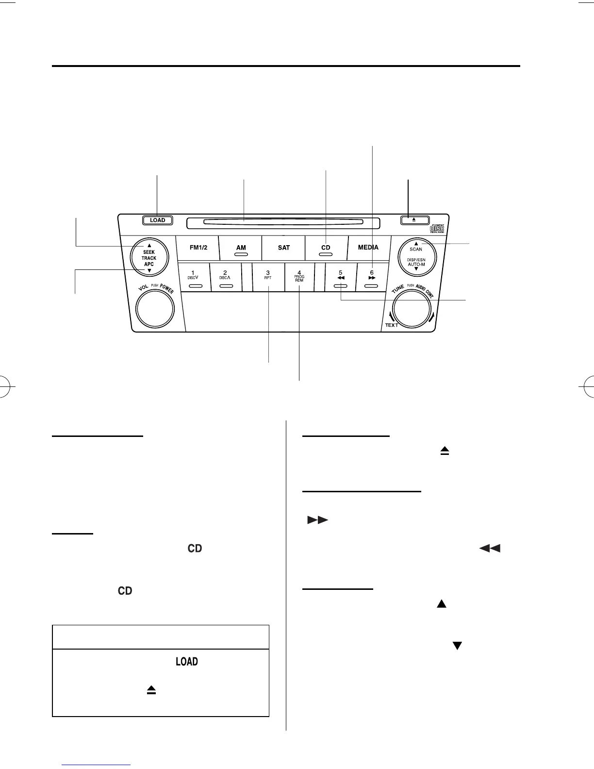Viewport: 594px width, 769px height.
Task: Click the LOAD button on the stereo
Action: (158, 220)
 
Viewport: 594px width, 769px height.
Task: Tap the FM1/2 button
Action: (198, 248)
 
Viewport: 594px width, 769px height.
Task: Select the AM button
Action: (241, 248)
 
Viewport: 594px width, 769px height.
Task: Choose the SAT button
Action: (284, 248)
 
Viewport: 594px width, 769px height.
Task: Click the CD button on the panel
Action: (326, 248)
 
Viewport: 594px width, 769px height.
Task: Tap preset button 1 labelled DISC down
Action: (194, 277)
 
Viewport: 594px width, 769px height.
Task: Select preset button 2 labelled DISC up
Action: (225, 277)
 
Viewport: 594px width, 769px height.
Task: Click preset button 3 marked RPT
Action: (267, 277)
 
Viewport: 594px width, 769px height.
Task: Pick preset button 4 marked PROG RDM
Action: (299, 277)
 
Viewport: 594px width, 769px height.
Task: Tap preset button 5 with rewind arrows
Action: (341, 277)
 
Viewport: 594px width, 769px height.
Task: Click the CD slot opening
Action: (283, 222)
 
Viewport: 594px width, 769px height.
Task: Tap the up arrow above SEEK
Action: (149, 245)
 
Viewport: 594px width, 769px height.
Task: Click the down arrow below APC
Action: (149, 270)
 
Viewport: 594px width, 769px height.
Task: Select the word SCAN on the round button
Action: (416, 249)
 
